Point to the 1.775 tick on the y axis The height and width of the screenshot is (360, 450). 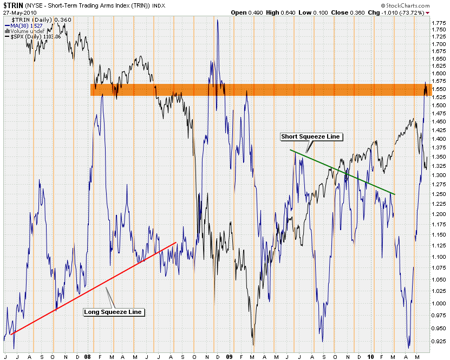[439, 22]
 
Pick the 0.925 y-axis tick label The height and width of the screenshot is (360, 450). [439, 343]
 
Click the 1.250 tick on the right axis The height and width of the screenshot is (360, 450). [439, 194]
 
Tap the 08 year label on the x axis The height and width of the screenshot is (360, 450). [88, 357]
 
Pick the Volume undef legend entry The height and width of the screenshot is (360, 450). [25, 31]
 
